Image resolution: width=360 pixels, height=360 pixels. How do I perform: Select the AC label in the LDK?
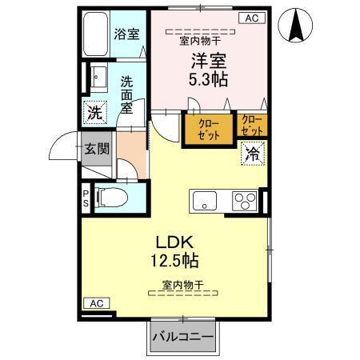point(96,303)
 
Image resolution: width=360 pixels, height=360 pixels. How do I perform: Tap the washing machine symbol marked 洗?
point(95,112)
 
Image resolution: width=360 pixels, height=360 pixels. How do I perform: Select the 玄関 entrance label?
point(94,150)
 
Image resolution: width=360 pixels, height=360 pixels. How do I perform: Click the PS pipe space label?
point(86,197)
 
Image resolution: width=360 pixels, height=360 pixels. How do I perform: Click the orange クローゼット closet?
point(206,128)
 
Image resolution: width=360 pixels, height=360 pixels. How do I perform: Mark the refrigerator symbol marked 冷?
point(253,152)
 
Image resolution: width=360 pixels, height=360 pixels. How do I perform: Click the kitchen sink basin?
point(206,201)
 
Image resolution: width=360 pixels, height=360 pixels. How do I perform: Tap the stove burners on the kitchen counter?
point(244,200)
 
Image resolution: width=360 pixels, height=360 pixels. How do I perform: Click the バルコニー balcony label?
point(183,336)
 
